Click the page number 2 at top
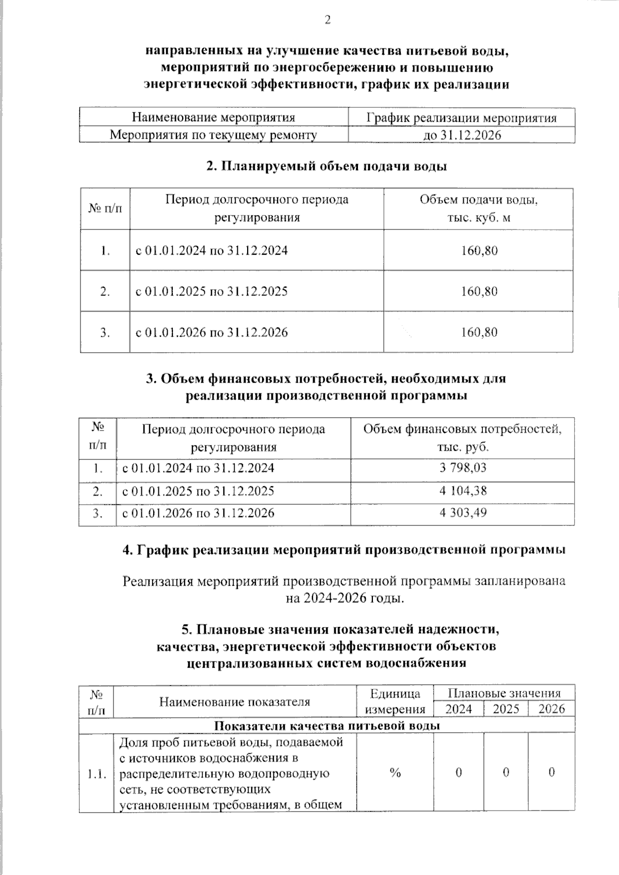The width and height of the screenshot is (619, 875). tap(327, 20)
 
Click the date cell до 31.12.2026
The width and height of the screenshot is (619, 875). tap(462, 135)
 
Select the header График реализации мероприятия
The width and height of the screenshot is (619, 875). tap(462, 118)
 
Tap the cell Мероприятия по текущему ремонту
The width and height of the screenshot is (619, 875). tap(214, 135)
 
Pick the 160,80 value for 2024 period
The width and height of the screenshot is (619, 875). tap(479, 251)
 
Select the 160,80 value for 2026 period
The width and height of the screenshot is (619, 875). tap(479, 332)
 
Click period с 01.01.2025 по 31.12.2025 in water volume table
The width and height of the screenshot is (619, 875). tap(211, 291)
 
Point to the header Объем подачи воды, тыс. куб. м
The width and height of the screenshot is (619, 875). tap(479, 208)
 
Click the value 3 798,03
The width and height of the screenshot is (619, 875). tap(463, 468)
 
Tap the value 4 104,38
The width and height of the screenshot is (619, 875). tap(463, 490)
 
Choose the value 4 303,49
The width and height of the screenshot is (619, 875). tap(463, 513)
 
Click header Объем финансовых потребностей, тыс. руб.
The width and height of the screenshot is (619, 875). tap(463, 438)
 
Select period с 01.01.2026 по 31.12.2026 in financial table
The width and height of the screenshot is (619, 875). tap(198, 513)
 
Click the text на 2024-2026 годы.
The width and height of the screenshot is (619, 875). tap(344, 598)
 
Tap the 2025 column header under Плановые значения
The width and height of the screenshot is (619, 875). tap(506, 709)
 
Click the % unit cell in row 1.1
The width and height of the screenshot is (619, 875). tap(395, 772)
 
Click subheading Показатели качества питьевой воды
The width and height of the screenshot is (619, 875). tap(327, 725)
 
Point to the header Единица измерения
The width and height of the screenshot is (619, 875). tap(395, 701)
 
